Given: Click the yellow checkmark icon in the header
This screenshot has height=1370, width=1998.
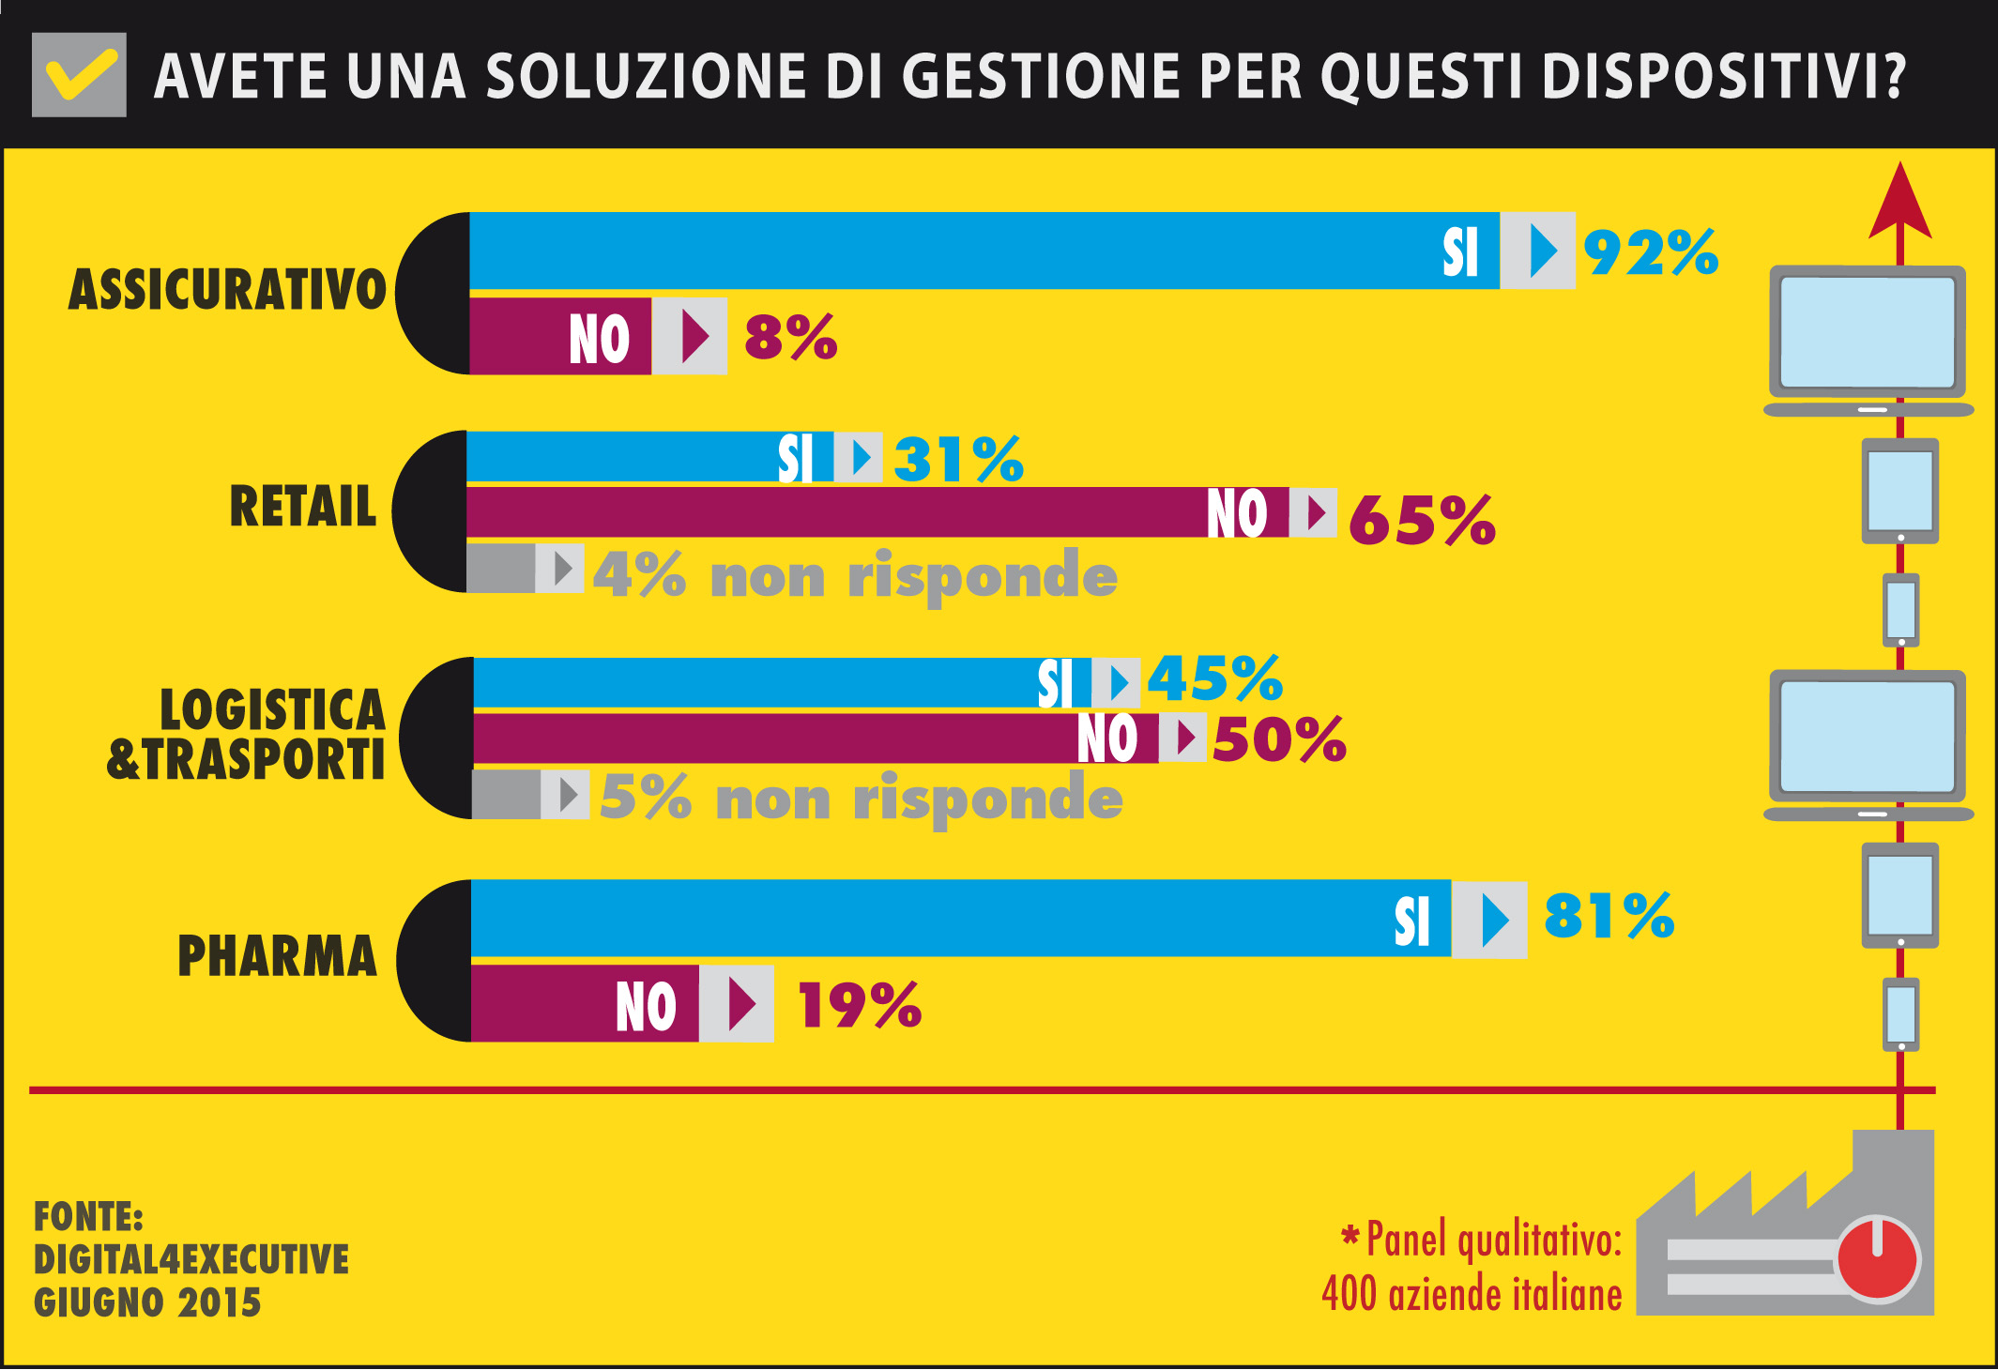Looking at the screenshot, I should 81,75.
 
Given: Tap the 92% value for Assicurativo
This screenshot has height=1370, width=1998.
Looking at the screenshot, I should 1651,252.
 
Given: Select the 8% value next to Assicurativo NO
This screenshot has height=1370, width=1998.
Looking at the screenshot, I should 790,337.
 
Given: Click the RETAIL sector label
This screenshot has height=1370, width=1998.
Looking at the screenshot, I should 302,507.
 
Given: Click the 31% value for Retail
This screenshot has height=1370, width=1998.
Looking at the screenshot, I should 958,459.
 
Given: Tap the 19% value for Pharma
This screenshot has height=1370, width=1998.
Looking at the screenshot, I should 859,1005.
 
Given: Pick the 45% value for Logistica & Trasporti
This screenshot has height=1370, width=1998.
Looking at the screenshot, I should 1214,678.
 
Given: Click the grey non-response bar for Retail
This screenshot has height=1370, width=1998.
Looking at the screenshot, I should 501,568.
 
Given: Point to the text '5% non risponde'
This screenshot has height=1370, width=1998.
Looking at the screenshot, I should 861,798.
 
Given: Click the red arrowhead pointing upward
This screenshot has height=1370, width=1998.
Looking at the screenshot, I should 1899,202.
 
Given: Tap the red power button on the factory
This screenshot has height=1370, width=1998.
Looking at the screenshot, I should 1877,1258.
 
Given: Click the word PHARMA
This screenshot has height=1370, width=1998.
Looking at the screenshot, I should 277,956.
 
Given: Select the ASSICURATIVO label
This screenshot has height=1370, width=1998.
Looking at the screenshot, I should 227,289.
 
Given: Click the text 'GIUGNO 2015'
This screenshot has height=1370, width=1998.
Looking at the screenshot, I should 147,1302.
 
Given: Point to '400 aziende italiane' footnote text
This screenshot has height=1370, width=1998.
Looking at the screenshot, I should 1472,1294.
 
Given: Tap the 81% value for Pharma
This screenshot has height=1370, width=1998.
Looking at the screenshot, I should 1609,916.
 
